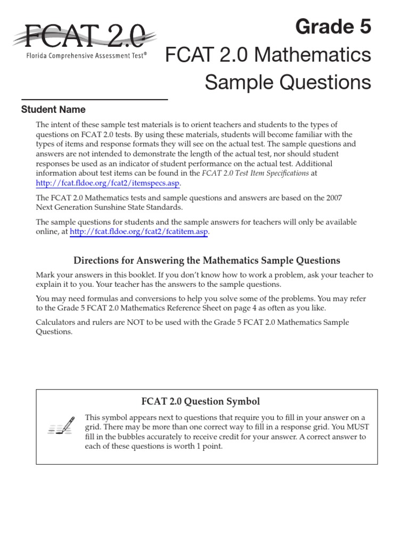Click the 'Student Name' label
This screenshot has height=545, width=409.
[x=53, y=110]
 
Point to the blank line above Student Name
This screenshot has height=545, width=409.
[x=94, y=100]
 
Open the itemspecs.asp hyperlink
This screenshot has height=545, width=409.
[x=108, y=183]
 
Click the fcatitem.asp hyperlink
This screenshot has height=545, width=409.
[x=138, y=232]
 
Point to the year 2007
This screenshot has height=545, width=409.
[x=333, y=197]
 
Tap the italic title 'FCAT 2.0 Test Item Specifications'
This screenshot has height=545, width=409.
[x=255, y=173]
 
